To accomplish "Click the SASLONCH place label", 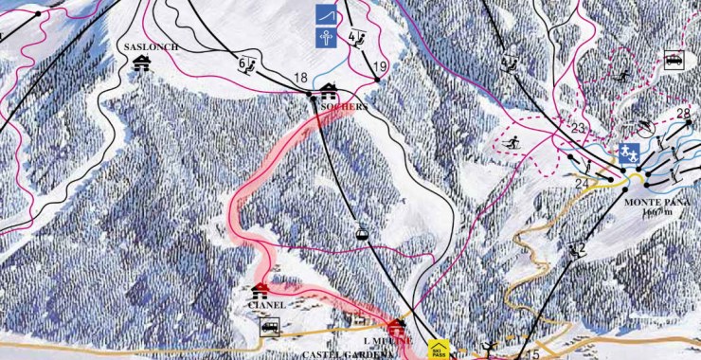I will pyautogui.click(x=144, y=45).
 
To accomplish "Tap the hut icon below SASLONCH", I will pyautogui.click(x=143, y=63).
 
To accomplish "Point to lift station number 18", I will pyautogui.click(x=301, y=79).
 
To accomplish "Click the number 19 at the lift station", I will pyautogui.click(x=381, y=66).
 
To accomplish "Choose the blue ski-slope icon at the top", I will pyautogui.click(x=324, y=16).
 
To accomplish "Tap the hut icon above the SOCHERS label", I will pyautogui.click(x=330, y=92).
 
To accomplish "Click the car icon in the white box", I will pyautogui.click(x=674, y=59).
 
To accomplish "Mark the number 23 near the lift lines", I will pyautogui.click(x=579, y=128).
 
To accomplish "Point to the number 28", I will pyautogui.click(x=684, y=115).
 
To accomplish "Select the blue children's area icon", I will pyautogui.click(x=628, y=152).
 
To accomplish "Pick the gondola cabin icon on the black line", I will pyautogui.click(x=361, y=232).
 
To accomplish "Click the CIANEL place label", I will pyautogui.click(x=265, y=305).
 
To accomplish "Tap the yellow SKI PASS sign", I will pyautogui.click(x=437, y=350).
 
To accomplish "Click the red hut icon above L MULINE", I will pyautogui.click(x=395, y=326).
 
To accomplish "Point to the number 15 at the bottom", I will pyautogui.click(x=532, y=354).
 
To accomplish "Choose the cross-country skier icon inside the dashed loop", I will pyautogui.click(x=512, y=143).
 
